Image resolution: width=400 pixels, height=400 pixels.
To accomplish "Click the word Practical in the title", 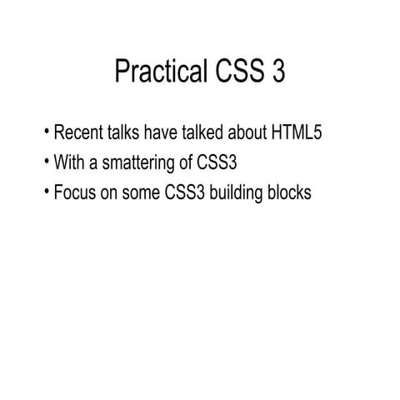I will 155,72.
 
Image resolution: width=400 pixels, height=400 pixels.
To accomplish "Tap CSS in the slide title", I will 234,72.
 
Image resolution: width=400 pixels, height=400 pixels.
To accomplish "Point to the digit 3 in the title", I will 278,72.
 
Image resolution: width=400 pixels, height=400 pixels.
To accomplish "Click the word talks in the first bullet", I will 125,133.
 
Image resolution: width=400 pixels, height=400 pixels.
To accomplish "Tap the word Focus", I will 73,192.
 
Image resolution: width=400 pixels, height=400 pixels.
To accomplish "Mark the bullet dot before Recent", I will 47,133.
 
